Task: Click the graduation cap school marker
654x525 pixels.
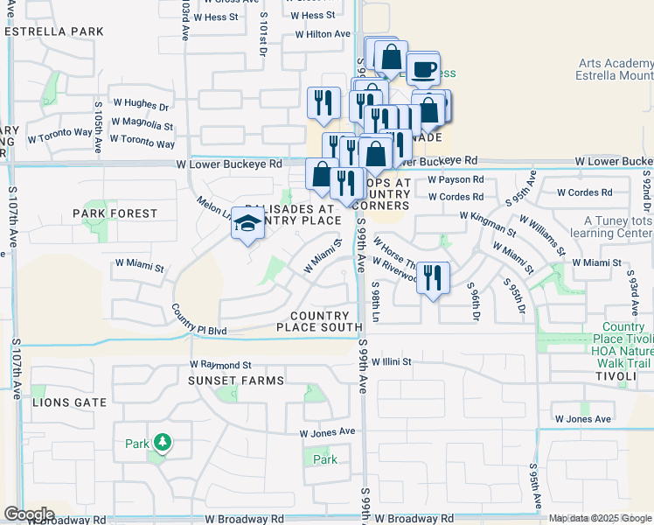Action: (x=248, y=226)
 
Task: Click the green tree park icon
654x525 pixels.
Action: (x=161, y=443)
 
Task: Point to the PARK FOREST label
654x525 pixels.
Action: (x=115, y=213)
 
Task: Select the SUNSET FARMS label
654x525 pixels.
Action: (x=236, y=381)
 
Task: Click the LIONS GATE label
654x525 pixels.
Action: (x=69, y=402)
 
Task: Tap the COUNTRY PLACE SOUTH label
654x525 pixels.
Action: (x=325, y=321)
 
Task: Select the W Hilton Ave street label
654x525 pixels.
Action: (x=323, y=34)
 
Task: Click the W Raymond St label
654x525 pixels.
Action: (x=221, y=364)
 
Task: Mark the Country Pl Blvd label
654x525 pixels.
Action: (x=199, y=323)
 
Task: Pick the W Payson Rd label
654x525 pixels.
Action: (x=456, y=179)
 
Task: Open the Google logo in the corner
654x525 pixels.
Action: (x=29, y=514)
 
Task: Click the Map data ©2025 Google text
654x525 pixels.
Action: (x=600, y=518)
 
